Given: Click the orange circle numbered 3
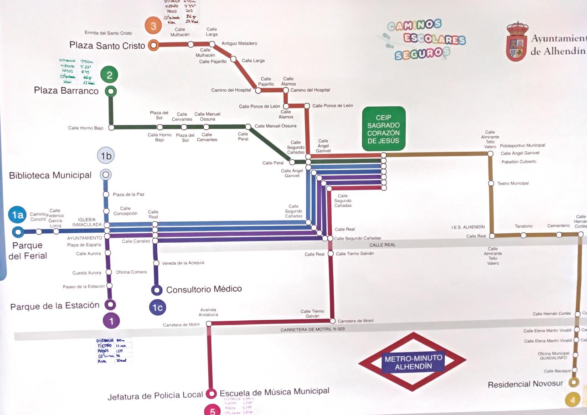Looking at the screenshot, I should point(154,26).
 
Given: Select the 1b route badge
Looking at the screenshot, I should point(106,156).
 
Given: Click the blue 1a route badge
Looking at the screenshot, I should point(17,215).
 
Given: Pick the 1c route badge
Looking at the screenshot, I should point(157,307).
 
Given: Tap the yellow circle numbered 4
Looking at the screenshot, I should point(573,400).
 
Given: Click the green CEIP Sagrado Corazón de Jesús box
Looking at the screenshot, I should point(384,128).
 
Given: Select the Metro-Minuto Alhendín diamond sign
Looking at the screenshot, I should point(412,362).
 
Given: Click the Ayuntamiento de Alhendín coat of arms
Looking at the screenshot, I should point(517,41).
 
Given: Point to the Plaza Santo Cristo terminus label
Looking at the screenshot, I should point(107,45).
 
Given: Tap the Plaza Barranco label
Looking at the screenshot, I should point(66,91).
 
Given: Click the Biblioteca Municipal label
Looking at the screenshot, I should point(50,175).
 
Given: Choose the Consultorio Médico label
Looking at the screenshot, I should point(204,289).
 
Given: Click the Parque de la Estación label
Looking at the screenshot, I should point(55,306).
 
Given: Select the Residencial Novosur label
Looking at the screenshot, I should point(525,384).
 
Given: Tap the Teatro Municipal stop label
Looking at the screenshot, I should point(513,183).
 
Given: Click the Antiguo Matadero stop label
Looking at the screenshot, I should point(239,43).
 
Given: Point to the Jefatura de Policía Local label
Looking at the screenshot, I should point(155,396).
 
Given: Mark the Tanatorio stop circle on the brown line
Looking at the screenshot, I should point(523,235).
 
